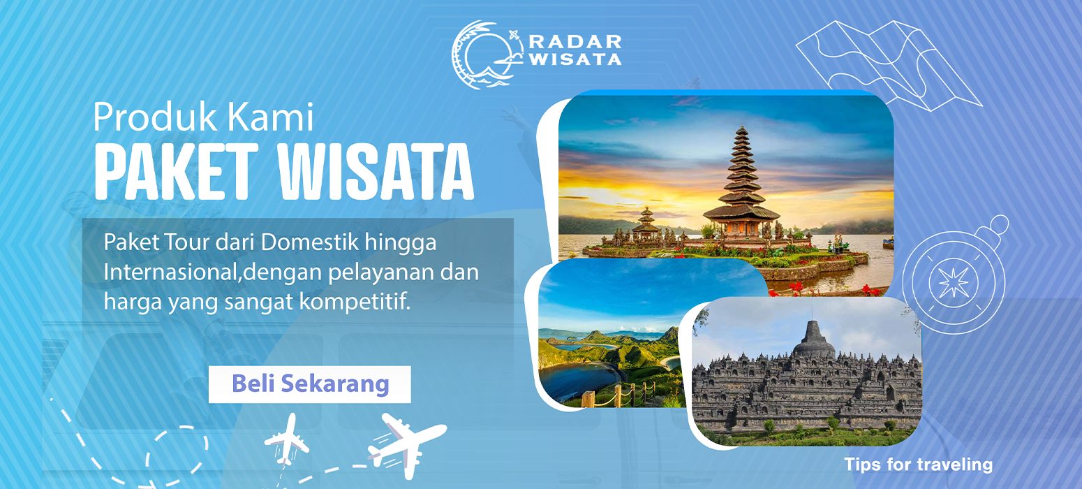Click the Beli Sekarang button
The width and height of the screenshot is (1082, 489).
[x=310, y=385]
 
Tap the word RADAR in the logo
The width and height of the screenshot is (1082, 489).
[x=575, y=42]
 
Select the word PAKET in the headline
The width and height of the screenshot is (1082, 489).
[x=177, y=172]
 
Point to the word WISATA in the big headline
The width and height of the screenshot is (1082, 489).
[x=376, y=172]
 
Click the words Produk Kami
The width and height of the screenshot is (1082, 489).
[x=203, y=117]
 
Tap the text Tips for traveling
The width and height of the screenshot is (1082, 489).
[x=918, y=465]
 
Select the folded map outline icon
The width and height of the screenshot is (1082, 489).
[x=889, y=65]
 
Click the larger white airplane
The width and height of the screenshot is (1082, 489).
[x=406, y=443]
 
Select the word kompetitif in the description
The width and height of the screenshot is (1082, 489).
[x=355, y=302]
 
